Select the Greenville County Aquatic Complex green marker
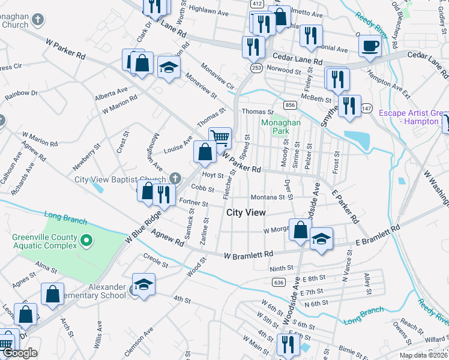[x=86, y=242]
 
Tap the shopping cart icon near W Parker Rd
[x=220, y=138]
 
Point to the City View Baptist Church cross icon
[x=175, y=178]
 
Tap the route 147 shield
[x=367, y=108]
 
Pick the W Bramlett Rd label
[x=248, y=255]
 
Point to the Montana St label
[x=268, y=197]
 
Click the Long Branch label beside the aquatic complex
[x=62, y=215]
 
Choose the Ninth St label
[x=281, y=268]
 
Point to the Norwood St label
[x=284, y=71]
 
